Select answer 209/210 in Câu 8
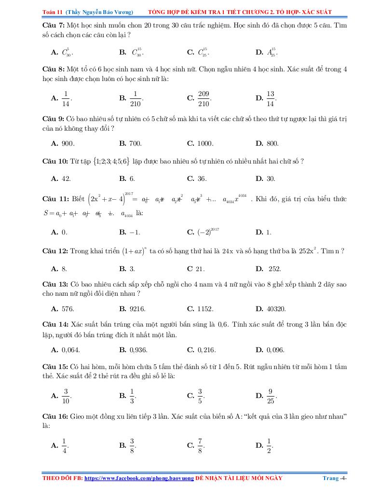coord(204,98)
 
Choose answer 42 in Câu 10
coord(67,178)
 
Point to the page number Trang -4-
coord(335,478)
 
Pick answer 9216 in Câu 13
coord(137,308)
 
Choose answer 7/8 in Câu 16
coord(200,445)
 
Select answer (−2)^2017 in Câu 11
coord(208,232)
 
